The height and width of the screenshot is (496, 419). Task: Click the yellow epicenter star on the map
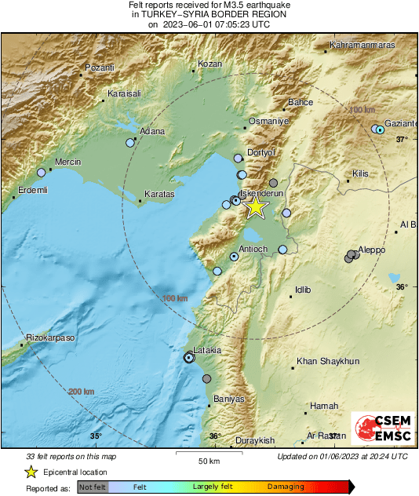255,207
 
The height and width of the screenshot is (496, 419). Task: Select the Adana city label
151,131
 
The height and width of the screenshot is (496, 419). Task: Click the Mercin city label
67,163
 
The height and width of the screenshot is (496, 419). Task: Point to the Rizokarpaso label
49,337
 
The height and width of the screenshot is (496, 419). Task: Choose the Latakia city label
208,350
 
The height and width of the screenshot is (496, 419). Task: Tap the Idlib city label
302,290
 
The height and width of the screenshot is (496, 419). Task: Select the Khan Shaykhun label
327,362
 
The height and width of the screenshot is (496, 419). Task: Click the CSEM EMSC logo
380,429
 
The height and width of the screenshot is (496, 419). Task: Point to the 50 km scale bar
208,454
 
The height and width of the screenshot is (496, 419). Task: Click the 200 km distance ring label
82,392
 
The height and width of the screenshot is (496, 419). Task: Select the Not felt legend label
93,487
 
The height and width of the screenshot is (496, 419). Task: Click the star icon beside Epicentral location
31,472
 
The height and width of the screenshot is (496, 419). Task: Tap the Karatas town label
159,194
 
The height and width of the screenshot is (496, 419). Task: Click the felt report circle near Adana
130,143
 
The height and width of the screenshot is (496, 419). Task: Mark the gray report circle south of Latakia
206,378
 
